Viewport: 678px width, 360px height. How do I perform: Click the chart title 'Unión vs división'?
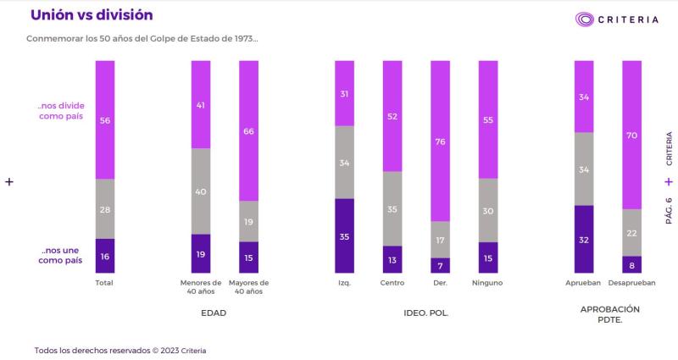[x=92, y=15]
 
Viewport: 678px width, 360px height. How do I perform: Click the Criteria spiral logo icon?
[x=585, y=19]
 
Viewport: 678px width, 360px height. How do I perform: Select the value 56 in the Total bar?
[x=105, y=120]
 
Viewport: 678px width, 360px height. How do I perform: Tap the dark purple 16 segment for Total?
[x=105, y=256]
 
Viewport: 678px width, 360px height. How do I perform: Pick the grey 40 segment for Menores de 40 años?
[x=201, y=191]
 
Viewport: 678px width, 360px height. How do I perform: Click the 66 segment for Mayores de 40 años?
[x=248, y=131]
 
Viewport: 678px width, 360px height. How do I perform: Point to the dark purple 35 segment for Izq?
[x=344, y=236]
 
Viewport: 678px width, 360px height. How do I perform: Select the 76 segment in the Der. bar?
[x=441, y=141]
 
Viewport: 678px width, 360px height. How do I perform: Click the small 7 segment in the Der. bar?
[x=441, y=265]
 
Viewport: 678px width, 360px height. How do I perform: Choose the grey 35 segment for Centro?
[x=392, y=208]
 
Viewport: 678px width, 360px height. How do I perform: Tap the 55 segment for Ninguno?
[x=488, y=120]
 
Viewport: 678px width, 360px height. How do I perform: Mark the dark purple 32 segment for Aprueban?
[x=584, y=240]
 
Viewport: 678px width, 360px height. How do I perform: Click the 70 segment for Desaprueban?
[x=631, y=136]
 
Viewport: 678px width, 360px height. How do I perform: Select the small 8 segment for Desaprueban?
[x=631, y=264]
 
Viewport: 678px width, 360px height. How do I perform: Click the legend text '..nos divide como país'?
[x=62, y=111]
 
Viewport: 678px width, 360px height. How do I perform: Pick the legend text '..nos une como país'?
[x=62, y=256]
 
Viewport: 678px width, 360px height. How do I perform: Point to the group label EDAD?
[x=214, y=313]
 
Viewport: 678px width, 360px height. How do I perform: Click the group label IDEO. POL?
[x=426, y=313]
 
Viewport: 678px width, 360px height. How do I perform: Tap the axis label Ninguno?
[x=488, y=283]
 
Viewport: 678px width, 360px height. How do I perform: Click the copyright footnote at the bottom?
[x=119, y=350]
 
